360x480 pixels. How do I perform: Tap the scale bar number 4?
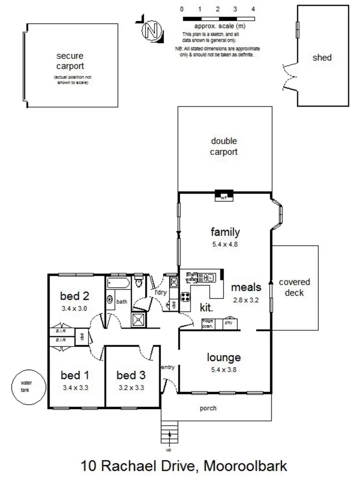(253, 9)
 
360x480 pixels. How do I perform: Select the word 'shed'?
(322, 58)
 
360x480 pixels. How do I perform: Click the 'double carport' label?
(224, 146)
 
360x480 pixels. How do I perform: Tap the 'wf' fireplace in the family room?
(223, 196)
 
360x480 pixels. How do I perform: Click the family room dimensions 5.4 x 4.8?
(225, 243)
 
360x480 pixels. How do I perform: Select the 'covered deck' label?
(294, 287)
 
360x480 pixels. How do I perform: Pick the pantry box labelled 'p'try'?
(229, 324)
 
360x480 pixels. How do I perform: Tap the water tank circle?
(25, 386)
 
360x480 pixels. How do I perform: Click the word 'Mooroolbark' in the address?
(245, 466)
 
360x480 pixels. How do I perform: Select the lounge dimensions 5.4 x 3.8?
(223, 370)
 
